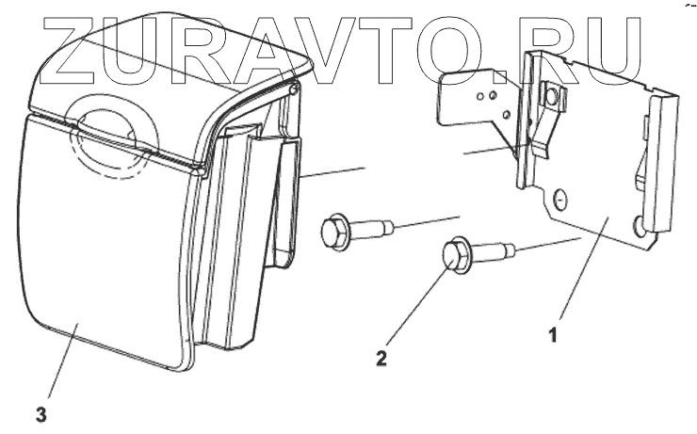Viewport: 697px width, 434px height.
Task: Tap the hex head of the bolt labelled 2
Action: click(456, 254)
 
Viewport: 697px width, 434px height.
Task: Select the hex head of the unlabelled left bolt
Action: click(334, 232)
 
